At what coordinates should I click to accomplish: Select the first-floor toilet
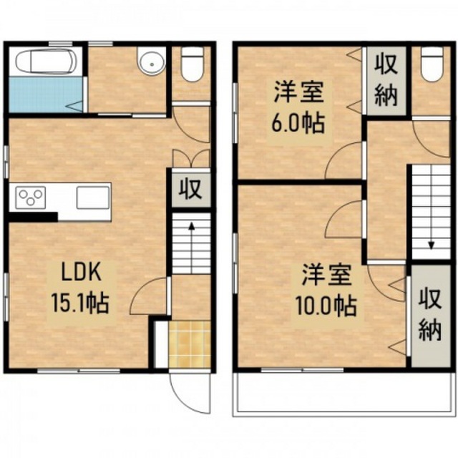193,64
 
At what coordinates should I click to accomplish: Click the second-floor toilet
432,64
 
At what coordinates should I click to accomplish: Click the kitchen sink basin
93,198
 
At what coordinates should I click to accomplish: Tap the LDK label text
81,272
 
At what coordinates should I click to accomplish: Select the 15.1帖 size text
80,303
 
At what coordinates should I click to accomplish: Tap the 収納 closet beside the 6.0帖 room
386,80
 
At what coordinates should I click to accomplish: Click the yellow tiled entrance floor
190,343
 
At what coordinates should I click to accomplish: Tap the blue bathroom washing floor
46,94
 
